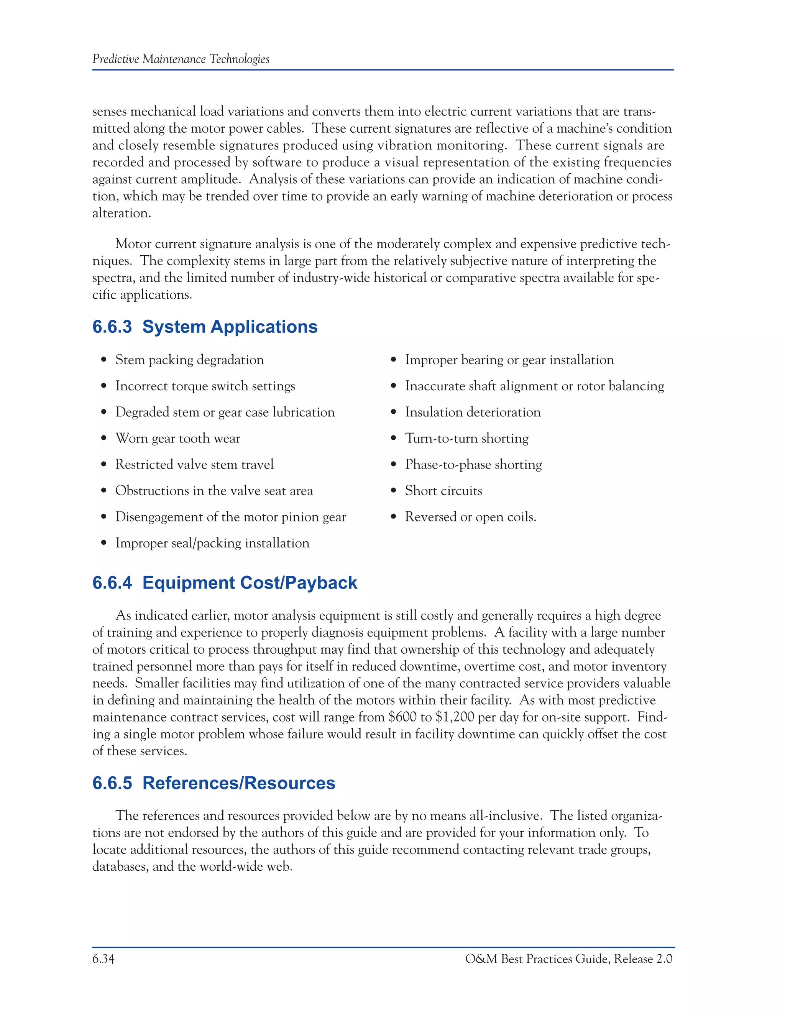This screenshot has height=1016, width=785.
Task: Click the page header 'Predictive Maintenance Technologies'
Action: [181, 59]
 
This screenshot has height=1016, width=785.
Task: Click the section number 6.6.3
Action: [112, 327]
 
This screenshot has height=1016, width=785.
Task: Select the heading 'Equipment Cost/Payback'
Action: [250, 583]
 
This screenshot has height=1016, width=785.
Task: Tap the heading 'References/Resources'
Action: [238, 783]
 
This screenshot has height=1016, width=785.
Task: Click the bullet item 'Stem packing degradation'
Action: [189, 360]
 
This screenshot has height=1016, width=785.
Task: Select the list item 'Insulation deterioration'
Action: [473, 412]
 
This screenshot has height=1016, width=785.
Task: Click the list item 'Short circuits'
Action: [443, 491]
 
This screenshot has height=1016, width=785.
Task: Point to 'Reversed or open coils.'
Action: [470, 517]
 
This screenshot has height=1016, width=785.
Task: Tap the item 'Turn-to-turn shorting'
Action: [466, 438]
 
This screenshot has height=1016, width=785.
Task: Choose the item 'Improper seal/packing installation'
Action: [212, 543]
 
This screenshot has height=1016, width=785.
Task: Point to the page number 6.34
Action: [103, 959]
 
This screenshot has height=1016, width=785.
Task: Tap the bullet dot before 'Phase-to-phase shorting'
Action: [394, 465]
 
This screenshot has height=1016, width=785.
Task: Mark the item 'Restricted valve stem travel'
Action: [194, 464]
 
